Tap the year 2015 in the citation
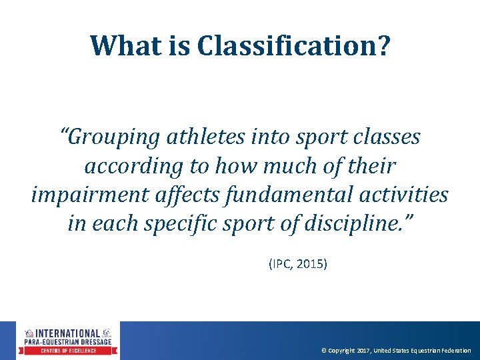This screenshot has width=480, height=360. click(x=311, y=264)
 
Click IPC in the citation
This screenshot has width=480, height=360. click(x=281, y=264)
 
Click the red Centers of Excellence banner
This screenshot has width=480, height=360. click(x=67, y=351)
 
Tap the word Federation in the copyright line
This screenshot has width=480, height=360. click(x=454, y=351)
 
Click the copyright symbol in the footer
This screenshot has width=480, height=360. click(x=323, y=351)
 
